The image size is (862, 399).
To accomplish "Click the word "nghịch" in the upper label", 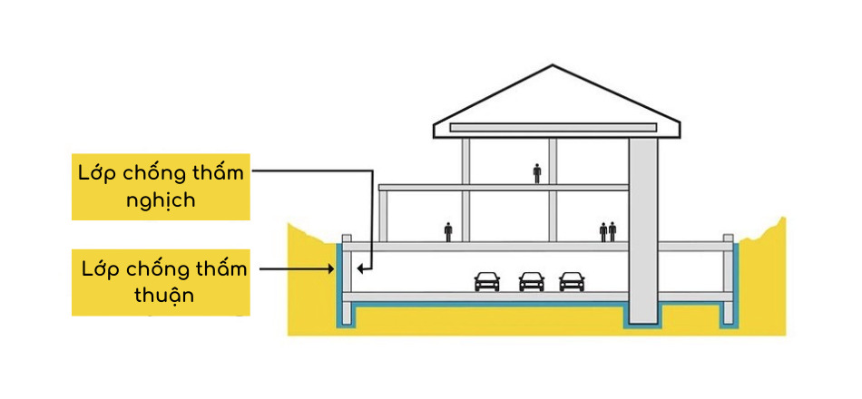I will click(x=161, y=200).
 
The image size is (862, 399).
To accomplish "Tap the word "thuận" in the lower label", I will click(x=162, y=296).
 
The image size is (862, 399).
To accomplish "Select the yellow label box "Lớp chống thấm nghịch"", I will click(x=161, y=186).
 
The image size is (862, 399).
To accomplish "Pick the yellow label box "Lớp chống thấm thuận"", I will click(x=162, y=282).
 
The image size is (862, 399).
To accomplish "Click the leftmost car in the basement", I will click(x=487, y=282).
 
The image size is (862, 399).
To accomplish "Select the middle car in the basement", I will click(x=531, y=282).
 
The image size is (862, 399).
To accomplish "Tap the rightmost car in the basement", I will click(x=572, y=282).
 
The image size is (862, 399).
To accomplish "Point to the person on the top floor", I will click(x=537, y=172).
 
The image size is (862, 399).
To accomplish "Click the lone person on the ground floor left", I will click(x=448, y=231).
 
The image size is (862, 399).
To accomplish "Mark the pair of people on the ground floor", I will click(x=608, y=231).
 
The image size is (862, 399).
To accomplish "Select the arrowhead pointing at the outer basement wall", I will click(x=333, y=269).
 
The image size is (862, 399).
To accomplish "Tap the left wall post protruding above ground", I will click(x=346, y=239).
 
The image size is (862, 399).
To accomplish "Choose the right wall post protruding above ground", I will click(x=728, y=239).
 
